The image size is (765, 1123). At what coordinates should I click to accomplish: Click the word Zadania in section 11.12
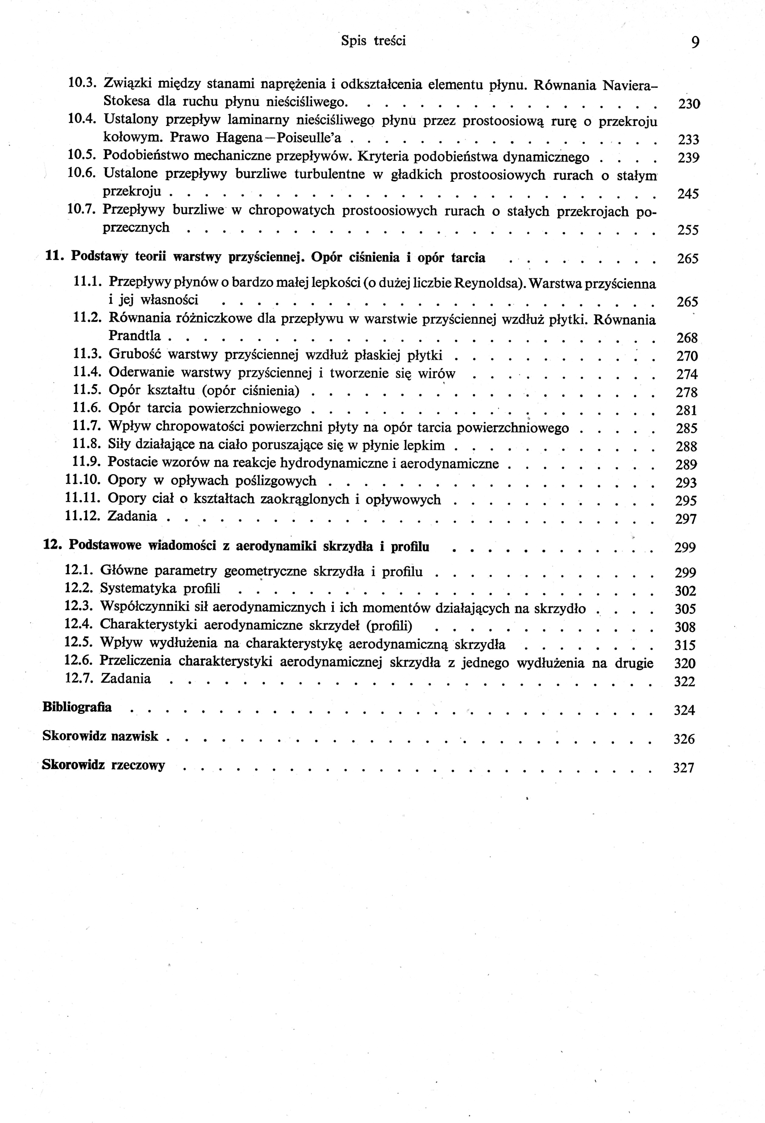click(x=132, y=516)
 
